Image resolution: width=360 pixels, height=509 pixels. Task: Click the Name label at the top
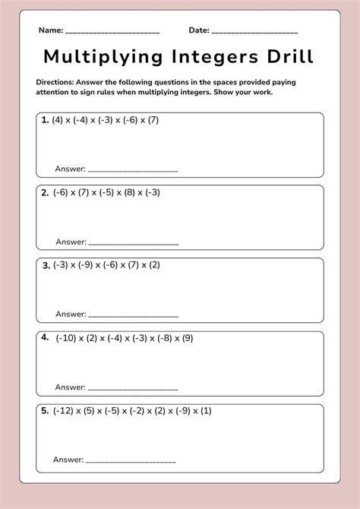[x=50, y=30]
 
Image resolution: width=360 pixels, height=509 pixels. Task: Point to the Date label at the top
[x=199, y=30]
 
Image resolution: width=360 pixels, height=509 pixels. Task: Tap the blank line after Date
[x=255, y=33]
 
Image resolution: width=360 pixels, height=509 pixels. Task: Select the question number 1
[x=45, y=120]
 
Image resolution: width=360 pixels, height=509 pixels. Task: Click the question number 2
[x=45, y=193]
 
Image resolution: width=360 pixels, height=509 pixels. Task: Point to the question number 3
[x=46, y=265]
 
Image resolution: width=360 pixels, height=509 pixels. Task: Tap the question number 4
[x=45, y=337]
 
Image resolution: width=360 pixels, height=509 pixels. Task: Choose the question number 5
[x=45, y=411]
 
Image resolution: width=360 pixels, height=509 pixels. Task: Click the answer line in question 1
[x=134, y=172]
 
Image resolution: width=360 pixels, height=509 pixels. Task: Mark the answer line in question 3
[x=134, y=316]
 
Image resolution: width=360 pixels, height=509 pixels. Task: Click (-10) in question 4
[x=66, y=338]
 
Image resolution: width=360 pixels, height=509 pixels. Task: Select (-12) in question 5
[x=64, y=411]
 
